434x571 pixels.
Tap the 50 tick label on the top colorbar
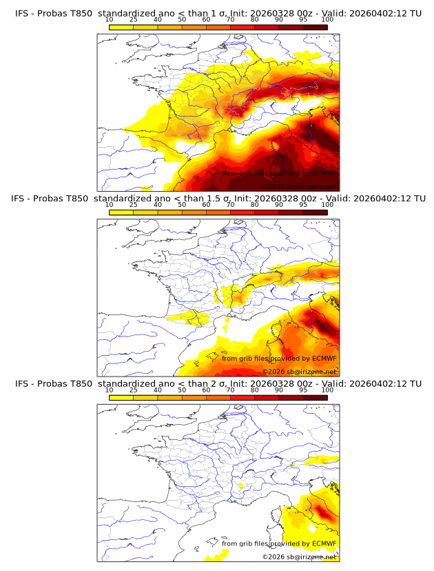(x=182, y=19)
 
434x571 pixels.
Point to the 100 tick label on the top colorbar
(x=327, y=19)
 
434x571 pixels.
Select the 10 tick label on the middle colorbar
(x=110, y=205)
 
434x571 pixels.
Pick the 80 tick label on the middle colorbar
(x=255, y=205)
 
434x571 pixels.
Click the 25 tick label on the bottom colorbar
(x=134, y=390)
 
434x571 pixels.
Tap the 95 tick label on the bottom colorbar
(x=303, y=390)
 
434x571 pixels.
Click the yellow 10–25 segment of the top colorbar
(x=121, y=27)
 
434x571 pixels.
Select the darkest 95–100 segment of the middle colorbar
(x=315, y=212)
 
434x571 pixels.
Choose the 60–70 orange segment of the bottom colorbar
(x=218, y=397)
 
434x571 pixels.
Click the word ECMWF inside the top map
(x=324, y=173)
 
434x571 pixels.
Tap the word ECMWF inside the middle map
(x=324, y=358)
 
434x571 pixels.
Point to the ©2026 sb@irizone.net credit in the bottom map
(x=299, y=556)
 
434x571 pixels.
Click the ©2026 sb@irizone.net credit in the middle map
(x=299, y=371)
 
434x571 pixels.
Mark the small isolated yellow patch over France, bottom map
(x=241, y=486)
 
